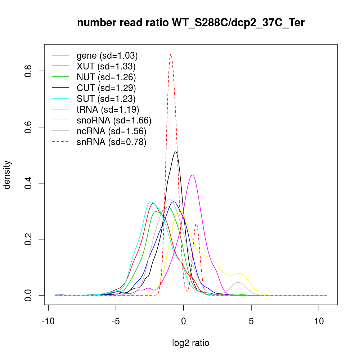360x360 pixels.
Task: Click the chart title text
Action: pyautogui.click(x=191, y=23)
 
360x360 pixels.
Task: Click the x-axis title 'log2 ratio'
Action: pyautogui.click(x=191, y=343)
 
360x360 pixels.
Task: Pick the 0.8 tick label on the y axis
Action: pyautogui.click(x=28, y=71)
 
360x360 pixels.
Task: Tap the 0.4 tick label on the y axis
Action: pyautogui.click(x=28, y=183)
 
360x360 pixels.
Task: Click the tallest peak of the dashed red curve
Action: pyautogui.click(x=171, y=54)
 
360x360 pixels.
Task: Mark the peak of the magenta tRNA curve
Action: pyautogui.click(x=193, y=175)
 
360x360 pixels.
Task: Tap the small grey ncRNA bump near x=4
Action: pyautogui.click(x=238, y=282)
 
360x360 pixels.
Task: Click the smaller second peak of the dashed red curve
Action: pyautogui.click(x=196, y=224)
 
